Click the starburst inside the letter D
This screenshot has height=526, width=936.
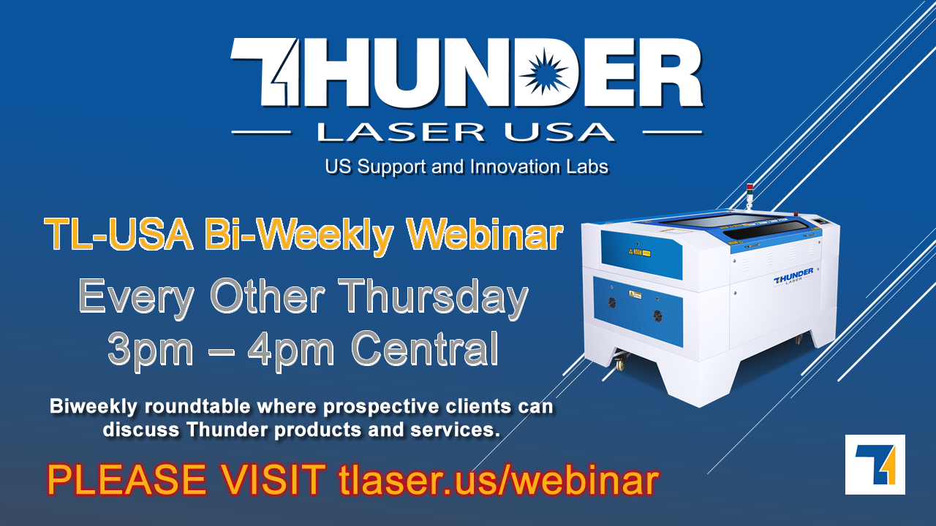(543, 71)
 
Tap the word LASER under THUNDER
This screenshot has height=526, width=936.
(401, 132)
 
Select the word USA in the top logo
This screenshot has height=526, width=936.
(559, 132)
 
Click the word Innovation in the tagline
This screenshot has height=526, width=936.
(516, 167)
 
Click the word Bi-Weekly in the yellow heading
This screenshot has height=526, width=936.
(299, 237)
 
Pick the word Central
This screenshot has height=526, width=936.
(426, 348)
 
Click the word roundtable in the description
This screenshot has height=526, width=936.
(197, 407)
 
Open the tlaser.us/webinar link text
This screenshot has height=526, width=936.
(499, 479)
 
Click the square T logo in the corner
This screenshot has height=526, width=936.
(875, 464)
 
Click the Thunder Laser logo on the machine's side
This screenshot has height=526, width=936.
(793, 276)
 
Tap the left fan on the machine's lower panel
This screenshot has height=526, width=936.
(612, 302)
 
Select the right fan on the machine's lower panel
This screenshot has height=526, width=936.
(657, 316)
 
